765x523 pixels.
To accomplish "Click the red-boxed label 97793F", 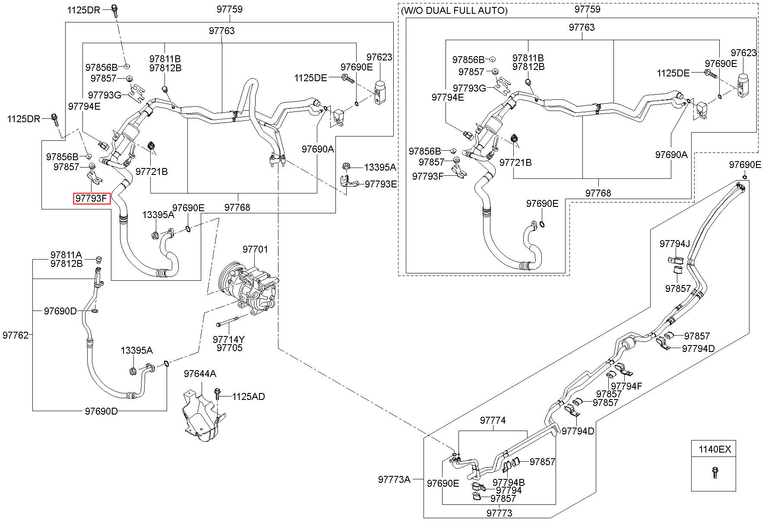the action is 92,198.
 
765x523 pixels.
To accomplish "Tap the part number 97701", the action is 255,249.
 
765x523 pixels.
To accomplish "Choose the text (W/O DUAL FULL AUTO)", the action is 454,10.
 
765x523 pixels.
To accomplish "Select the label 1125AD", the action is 248,396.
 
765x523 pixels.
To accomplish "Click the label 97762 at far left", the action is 16,335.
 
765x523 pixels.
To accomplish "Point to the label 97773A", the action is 394,479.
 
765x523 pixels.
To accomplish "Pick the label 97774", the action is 493,420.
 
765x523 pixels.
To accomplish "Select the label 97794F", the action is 626,386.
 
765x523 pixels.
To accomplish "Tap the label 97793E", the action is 381,184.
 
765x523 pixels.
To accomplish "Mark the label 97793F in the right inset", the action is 428,176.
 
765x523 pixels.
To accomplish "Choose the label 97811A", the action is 66,255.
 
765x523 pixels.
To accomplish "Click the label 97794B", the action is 509,482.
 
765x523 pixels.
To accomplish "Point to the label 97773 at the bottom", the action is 499,513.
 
